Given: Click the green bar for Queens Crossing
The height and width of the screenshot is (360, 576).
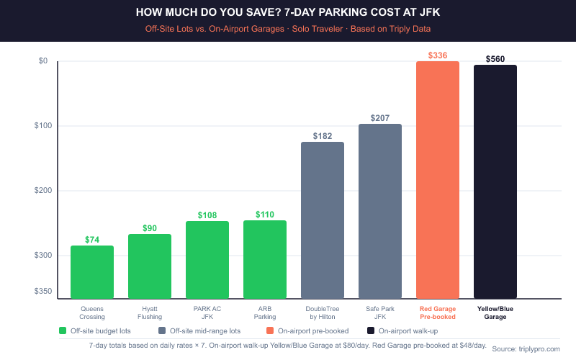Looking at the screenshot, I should [x=92, y=271].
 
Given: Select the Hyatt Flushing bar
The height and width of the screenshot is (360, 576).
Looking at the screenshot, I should [x=150, y=266].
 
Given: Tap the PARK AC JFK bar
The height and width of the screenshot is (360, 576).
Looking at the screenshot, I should [x=207, y=259].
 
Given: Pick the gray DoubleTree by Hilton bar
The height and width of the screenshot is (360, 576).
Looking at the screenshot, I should [x=323, y=220].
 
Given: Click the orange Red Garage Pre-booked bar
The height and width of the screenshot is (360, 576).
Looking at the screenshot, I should [x=438, y=179].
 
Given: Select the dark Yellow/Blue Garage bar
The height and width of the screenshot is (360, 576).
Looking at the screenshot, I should [x=495, y=181].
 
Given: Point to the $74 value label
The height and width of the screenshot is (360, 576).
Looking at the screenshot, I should [x=92, y=240].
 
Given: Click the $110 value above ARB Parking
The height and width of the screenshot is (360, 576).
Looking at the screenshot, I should [x=265, y=215].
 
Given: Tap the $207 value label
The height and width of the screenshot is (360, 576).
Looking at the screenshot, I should [x=380, y=118].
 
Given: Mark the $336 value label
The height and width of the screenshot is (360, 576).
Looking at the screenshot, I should [x=438, y=55].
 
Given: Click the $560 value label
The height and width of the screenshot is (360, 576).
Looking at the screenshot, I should [x=495, y=59].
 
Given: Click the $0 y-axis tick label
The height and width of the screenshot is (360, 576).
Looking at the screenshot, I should [x=42, y=61].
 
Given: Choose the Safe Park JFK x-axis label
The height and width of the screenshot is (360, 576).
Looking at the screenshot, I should [x=380, y=312].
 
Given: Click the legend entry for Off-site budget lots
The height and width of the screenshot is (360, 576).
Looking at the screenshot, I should [x=98, y=331].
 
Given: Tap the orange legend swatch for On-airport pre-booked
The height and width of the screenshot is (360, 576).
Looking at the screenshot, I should [x=269, y=331].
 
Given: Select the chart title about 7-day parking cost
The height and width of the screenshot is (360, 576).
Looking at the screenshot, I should [x=288, y=12].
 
